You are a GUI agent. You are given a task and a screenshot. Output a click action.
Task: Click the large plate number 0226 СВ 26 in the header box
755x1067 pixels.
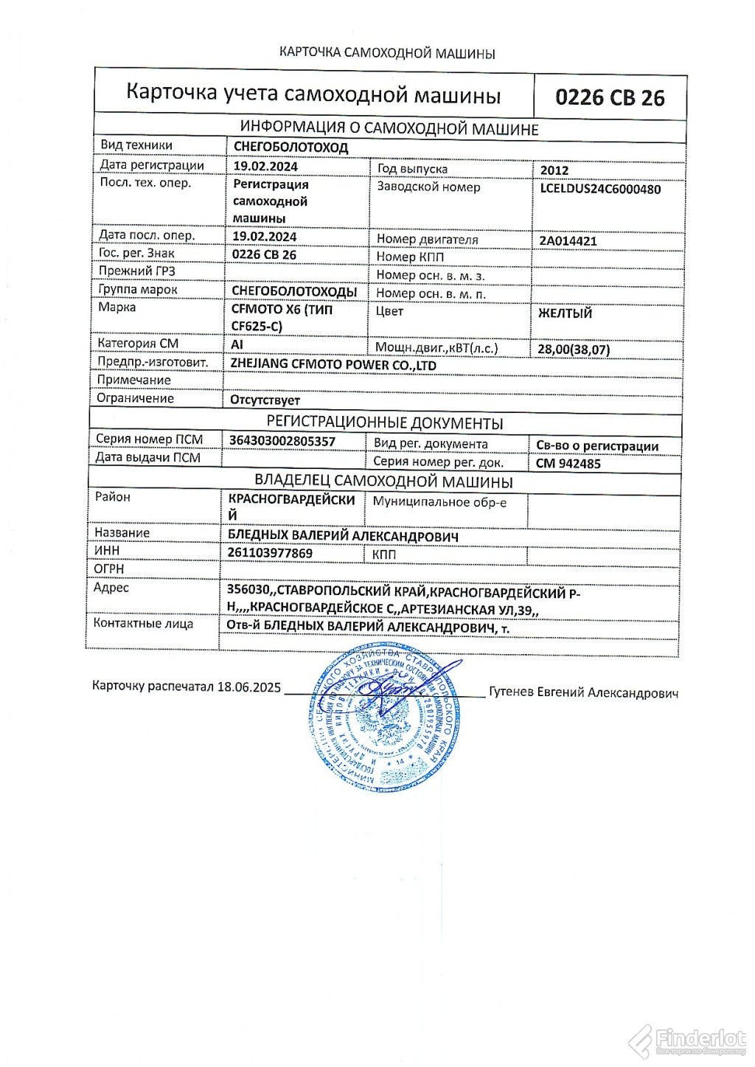pyautogui.click(x=610, y=98)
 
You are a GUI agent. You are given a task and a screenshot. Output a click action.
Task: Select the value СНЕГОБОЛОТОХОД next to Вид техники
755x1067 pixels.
pyautogui.click(x=290, y=147)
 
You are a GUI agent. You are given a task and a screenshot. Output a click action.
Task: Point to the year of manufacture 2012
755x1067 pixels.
pyautogui.click(x=554, y=170)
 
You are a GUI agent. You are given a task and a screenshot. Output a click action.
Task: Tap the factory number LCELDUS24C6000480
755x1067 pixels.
pyautogui.click(x=600, y=189)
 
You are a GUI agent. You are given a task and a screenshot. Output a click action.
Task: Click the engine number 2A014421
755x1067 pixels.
pyautogui.click(x=568, y=241)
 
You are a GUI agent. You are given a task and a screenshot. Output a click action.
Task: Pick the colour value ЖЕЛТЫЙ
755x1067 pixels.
pyautogui.click(x=565, y=313)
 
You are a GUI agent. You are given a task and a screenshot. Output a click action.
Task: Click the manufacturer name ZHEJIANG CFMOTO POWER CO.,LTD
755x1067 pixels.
pyautogui.click(x=333, y=365)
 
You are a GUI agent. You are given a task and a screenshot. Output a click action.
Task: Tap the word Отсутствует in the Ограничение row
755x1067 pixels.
pyautogui.click(x=265, y=400)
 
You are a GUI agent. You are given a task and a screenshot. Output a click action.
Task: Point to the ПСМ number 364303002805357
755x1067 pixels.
pyautogui.click(x=282, y=442)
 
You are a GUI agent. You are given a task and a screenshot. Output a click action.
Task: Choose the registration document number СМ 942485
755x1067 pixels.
pyautogui.click(x=568, y=464)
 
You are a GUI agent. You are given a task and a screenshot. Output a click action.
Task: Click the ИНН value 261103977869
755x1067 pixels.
pyautogui.click(x=271, y=553)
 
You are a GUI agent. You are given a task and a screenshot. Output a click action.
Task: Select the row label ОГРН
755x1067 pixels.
pyautogui.click(x=109, y=569)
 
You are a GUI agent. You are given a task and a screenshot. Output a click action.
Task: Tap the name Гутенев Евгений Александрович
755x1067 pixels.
pyautogui.click(x=583, y=692)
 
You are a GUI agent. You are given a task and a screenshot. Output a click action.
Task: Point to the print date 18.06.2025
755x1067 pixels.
pyautogui.click(x=249, y=687)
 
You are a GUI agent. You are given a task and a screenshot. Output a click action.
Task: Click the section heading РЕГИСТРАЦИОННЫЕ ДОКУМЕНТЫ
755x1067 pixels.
pyautogui.click(x=384, y=423)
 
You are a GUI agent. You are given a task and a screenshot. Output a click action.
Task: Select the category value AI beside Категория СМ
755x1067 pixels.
pyautogui.click(x=237, y=344)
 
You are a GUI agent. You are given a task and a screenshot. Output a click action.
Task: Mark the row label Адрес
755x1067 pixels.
pyautogui.click(x=111, y=588)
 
